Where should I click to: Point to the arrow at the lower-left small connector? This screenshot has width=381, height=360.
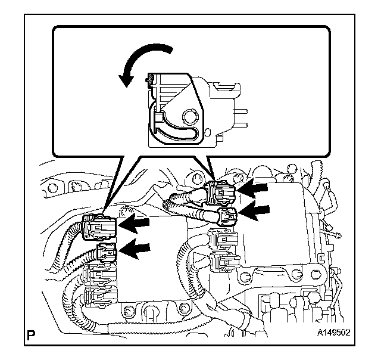pos(136,249)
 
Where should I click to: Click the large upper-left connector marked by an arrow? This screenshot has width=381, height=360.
pos(96,226)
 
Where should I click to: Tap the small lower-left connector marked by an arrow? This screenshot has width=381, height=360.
pos(105,253)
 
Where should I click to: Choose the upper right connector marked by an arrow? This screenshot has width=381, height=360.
pos(223,191)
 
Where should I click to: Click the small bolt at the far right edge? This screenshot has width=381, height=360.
pos(337,234)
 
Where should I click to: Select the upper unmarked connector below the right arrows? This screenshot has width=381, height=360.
pos(223,240)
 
